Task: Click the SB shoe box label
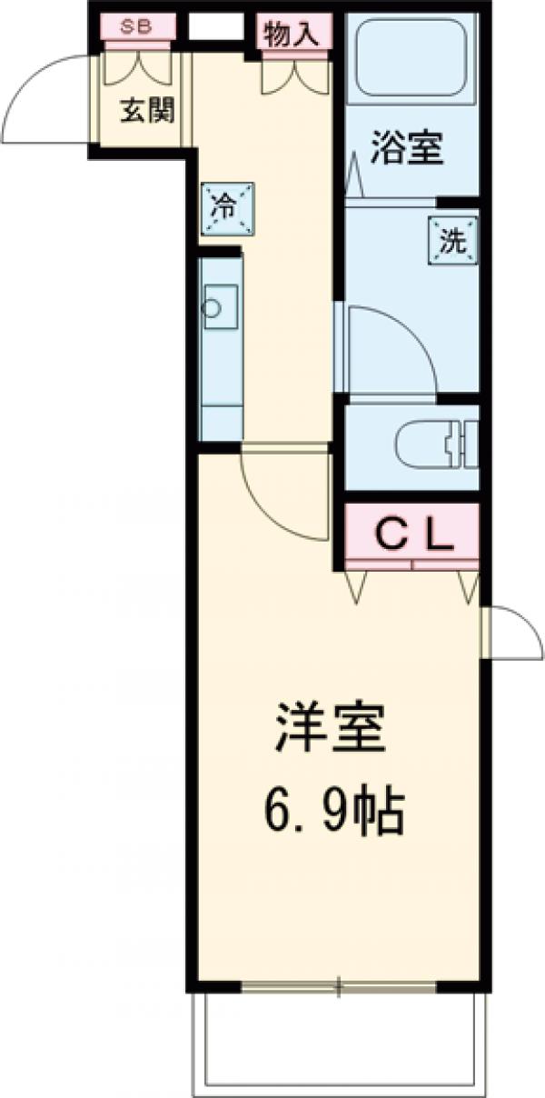point(138,27)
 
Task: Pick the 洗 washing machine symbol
point(452,242)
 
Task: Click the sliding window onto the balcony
point(338,985)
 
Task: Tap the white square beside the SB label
point(210,28)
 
